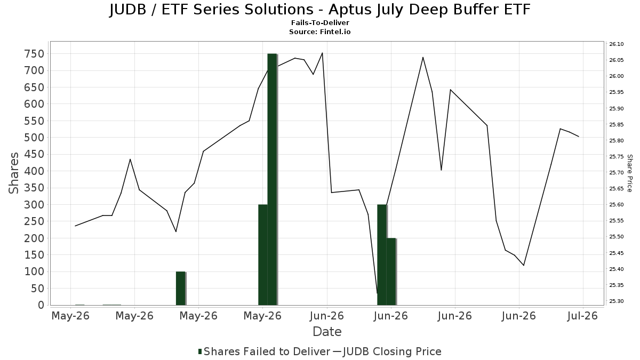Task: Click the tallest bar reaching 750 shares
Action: point(273,179)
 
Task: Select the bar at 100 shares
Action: point(181,289)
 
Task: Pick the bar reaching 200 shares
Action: point(391,271)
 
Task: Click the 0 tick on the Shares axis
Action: point(41,305)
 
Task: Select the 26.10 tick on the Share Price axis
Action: point(617,44)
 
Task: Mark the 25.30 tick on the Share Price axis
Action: point(617,301)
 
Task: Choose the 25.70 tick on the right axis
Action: point(617,173)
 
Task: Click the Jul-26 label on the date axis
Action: point(582,316)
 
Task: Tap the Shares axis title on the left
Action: point(13,173)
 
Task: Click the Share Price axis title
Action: point(630,173)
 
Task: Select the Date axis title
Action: point(327,332)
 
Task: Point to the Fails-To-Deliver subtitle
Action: point(320,22)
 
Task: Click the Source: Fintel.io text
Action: point(320,31)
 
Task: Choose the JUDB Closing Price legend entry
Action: point(387,351)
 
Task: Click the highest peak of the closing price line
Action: point(322,53)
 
